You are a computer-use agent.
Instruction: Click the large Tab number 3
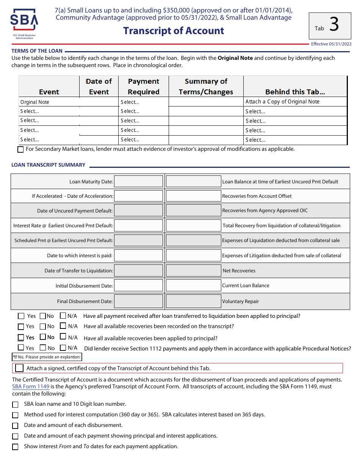point(334,25)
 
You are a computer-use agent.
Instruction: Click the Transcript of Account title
point(174,31)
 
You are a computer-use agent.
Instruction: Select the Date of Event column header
point(99,86)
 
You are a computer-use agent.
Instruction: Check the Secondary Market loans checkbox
point(21,149)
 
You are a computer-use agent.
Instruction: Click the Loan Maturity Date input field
point(138,181)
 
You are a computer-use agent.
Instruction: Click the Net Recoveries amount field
point(193,271)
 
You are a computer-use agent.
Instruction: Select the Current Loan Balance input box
point(193,286)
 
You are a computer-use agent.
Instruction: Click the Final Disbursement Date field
point(138,302)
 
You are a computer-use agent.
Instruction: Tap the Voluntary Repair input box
point(193,302)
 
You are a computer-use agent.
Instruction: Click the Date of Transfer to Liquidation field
point(138,271)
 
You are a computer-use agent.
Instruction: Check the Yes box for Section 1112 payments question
point(21,348)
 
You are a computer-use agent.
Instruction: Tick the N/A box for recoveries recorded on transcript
point(63,326)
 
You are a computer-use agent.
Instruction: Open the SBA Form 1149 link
point(31,386)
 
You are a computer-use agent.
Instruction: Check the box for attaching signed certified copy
point(19,368)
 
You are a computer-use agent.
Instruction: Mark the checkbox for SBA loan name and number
point(15,405)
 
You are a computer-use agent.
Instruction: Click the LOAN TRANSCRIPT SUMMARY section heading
point(48,165)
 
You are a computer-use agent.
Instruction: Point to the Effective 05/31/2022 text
point(331,44)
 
